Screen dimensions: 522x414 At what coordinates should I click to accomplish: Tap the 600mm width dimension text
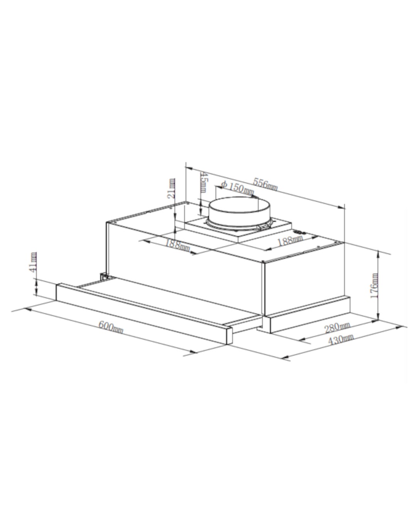tap(111, 327)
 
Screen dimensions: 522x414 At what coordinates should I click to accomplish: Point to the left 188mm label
tap(177, 244)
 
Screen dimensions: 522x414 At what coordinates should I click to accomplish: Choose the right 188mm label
tap(290, 241)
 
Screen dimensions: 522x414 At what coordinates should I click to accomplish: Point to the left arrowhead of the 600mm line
tap(27, 309)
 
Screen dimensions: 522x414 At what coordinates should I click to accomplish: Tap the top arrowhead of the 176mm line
tap(379, 253)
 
